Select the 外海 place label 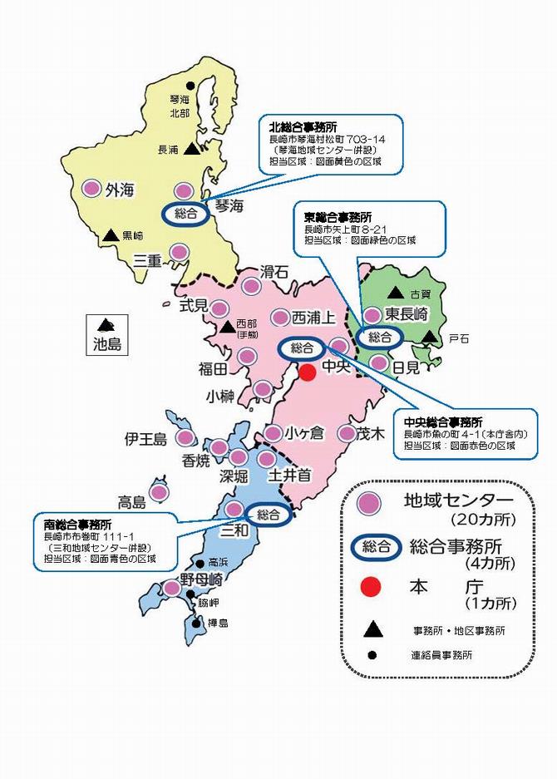pyautogui.click(x=119, y=190)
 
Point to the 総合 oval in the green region pyautogui.click(x=379, y=337)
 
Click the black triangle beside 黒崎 pyautogui.click(x=110, y=235)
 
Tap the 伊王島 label pyautogui.click(x=145, y=438)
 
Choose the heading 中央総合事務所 pyautogui.click(x=442, y=422)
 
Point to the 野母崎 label pyautogui.click(x=201, y=580)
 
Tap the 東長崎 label pyautogui.click(x=407, y=314)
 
